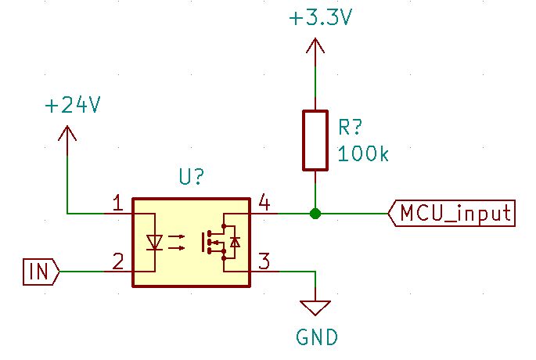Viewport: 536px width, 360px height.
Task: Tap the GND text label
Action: (x=316, y=337)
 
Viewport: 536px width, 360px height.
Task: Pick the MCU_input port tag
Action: (x=452, y=213)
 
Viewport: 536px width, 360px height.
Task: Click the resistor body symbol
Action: (x=315, y=140)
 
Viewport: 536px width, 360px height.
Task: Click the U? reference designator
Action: (x=192, y=178)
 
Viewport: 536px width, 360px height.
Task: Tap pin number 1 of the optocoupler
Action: (x=117, y=204)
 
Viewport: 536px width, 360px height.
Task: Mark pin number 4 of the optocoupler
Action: (x=264, y=204)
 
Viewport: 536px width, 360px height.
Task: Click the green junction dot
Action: (x=315, y=213)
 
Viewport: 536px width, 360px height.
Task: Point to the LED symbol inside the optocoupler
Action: (x=155, y=243)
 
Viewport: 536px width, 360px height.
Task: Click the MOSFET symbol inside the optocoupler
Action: (x=219, y=242)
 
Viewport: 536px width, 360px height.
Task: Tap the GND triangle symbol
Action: (x=315, y=306)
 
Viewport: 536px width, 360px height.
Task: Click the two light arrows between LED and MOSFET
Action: (x=178, y=243)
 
